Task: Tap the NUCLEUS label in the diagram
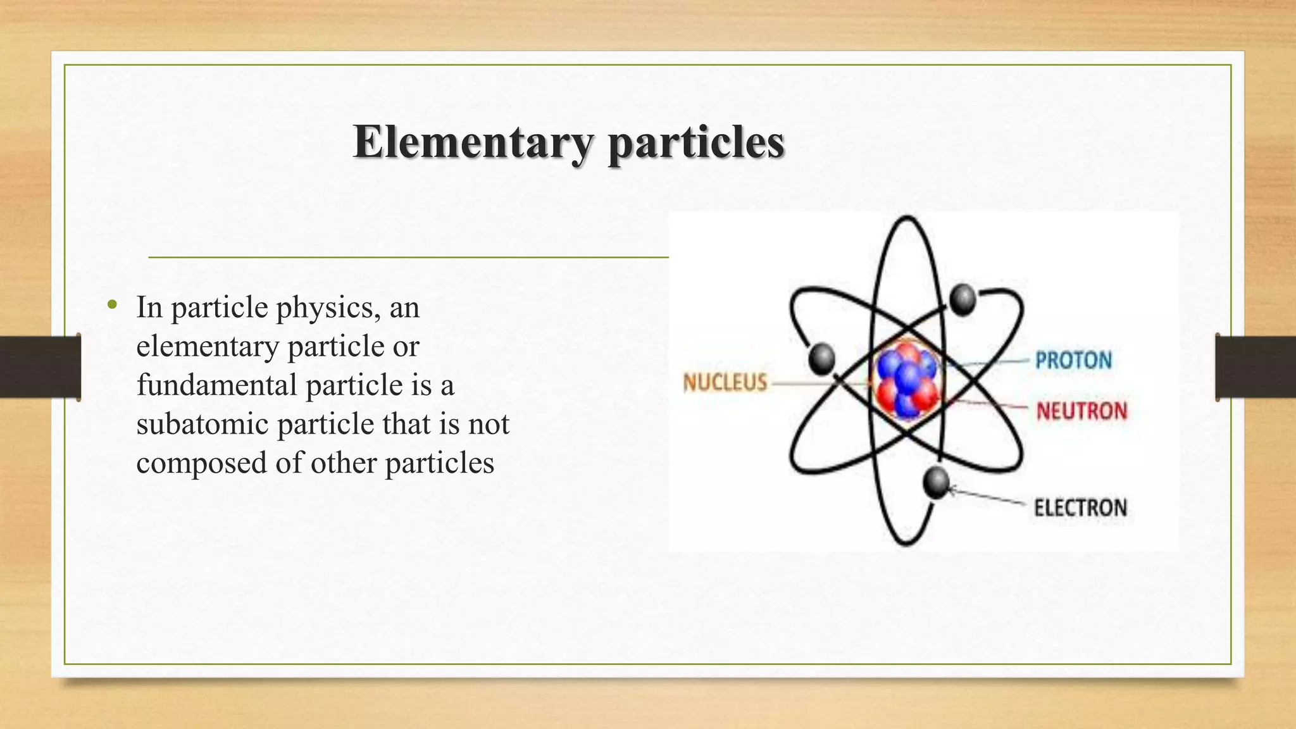725,382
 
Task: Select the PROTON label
1073,361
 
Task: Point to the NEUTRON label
1081,411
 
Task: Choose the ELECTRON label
1080,508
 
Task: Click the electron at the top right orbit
963,299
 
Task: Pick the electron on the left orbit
821,359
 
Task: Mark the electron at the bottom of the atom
935,482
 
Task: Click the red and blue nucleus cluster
907,380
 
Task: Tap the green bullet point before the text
113,306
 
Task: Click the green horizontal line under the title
408,258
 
